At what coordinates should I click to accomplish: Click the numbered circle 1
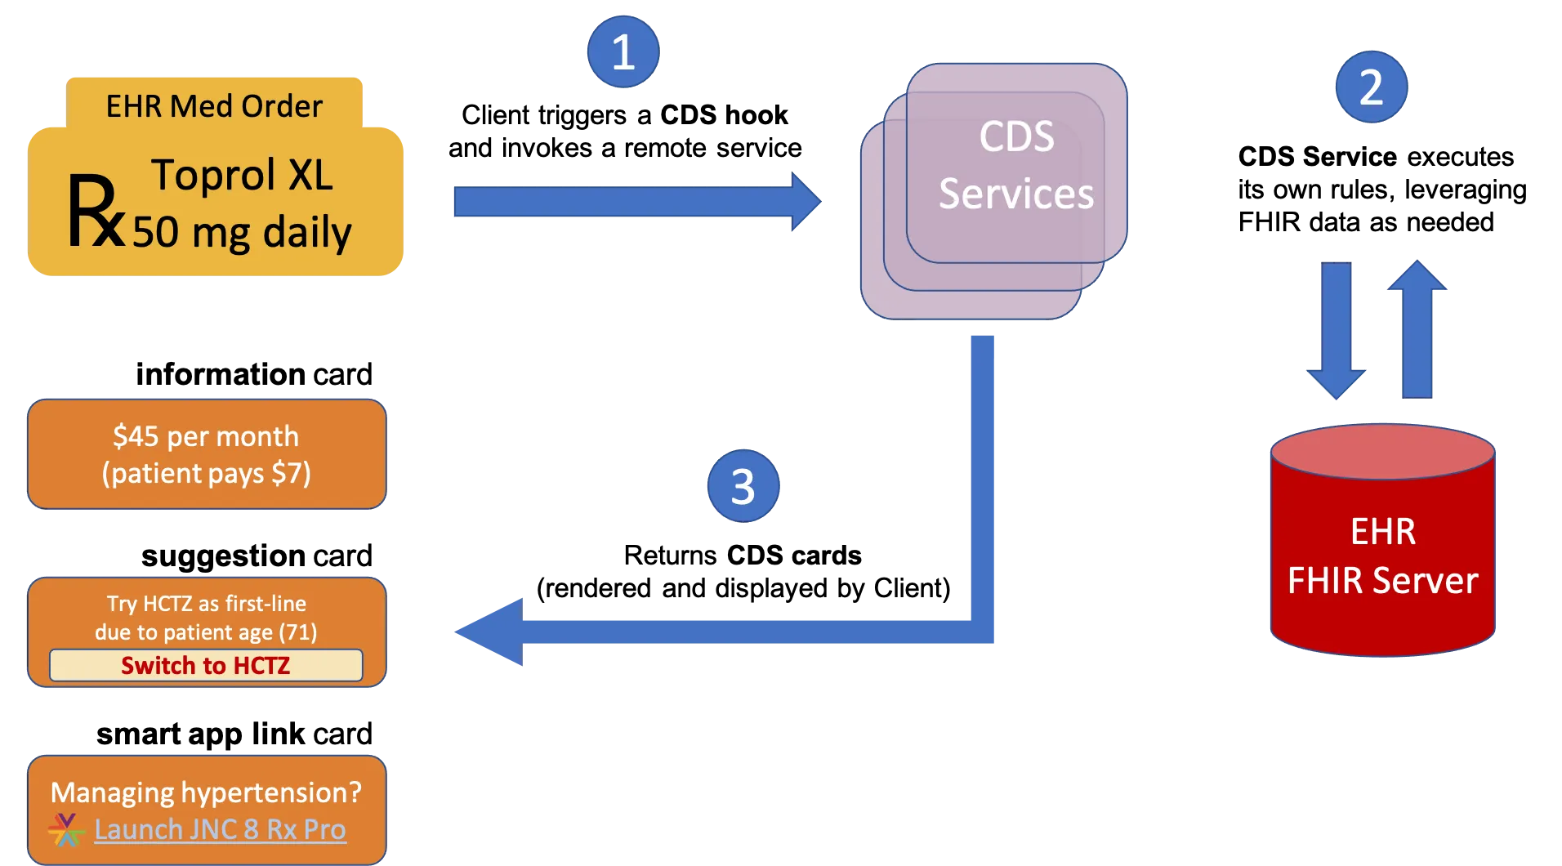pyautogui.click(x=623, y=51)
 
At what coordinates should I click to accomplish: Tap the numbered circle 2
pyautogui.click(x=1371, y=87)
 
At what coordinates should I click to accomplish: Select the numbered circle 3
pyautogui.click(x=742, y=486)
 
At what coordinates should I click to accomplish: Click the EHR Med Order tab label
pyautogui.click(x=214, y=106)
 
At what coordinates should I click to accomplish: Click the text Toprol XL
pyautogui.click(x=242, y=175)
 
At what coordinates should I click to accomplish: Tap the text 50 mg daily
pyautogui.click(x=242, y=232)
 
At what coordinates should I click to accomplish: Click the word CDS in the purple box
pyautogui.click(x=1016, y=136)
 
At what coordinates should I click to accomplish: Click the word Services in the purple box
pyautogui.click(x=1015, y=194)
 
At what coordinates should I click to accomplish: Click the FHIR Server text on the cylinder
pyautogui.click(x=1382, y=581)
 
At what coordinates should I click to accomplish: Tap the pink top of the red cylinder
pyautogui.click(x=1382, y=452)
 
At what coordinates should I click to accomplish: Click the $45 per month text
pyautogui.click(x=206, y=436)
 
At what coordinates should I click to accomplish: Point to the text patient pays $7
pyautogui.click(x=206, y=474)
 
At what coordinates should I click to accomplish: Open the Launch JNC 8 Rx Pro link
pyautogui.click(x=220, y=830)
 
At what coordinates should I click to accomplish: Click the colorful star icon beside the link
pyautogui.click(x=66, y=830)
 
